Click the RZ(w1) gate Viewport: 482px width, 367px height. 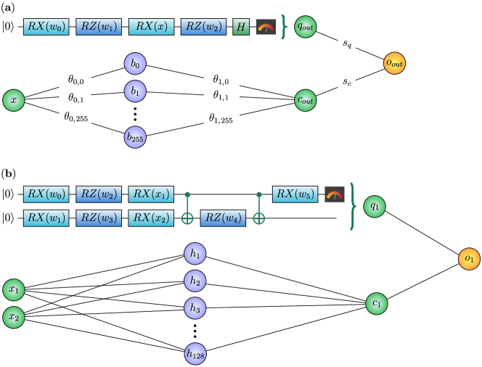coord(99,27)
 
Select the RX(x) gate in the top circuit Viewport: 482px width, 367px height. coord(151,27)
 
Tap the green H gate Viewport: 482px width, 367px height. coord(241,27)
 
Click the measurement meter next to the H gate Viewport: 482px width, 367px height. coord(266,27)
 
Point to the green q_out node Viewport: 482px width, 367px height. coord(306,27)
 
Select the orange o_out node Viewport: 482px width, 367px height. coord(394,63)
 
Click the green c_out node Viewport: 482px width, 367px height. coord(306,100)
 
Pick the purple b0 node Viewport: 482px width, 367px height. coord(135,64)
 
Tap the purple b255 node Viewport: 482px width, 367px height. coord(135,136)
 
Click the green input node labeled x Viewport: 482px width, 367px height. coord(13,100)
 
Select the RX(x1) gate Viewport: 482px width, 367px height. coord(151,194)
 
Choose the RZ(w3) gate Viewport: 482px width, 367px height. coord(99,218)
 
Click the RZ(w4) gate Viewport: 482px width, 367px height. coord(223,218)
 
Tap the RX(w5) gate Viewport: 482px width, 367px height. coord(295,194)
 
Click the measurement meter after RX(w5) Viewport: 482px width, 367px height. coord(335,194)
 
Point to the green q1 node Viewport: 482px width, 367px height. coord(375,206)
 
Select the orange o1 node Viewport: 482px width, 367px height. coord(469,259)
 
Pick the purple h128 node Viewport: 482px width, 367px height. coord(195,354)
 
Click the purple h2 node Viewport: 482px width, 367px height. coord(195,281)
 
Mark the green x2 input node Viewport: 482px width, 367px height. coord(13,317)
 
